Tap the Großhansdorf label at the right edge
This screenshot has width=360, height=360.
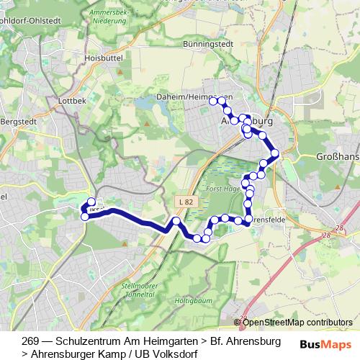click(x=338, y=156)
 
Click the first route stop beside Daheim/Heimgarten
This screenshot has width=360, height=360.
click(x=213, y=102)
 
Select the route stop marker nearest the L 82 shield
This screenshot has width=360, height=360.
click(x=175, y=220)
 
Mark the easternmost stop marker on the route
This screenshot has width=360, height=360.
click(x=274, y=153)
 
